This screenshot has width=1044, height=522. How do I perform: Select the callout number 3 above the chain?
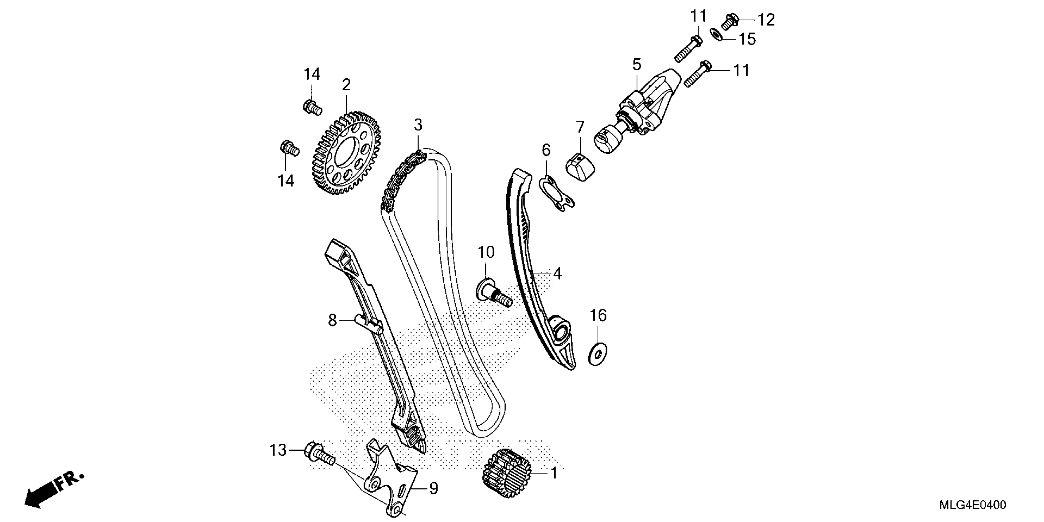coord(418,125)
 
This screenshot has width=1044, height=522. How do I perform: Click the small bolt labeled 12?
coord(730,21)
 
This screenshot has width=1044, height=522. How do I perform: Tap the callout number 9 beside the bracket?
coord(433,488)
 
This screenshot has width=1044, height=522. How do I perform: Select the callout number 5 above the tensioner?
coord(637,64)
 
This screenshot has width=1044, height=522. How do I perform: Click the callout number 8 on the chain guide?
coord(332,320)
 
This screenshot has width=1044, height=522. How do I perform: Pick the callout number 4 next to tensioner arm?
coord(557,274)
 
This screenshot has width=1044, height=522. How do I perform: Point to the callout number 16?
coord(598,315)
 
